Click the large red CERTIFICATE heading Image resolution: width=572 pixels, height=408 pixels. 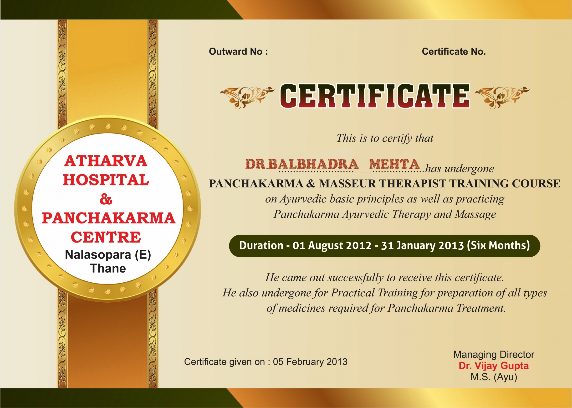[x=375, y=96]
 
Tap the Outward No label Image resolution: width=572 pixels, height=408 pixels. [x=238, y=52]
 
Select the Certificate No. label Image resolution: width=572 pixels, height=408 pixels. [x=454, y=52]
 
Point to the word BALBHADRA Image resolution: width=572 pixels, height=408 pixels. [x=313, y=164]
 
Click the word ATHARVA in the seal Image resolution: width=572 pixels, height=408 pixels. [x=106, y=161]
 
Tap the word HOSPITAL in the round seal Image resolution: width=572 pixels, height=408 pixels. [x=106, y=180]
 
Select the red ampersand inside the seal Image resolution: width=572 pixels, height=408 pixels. [x=106, y=200]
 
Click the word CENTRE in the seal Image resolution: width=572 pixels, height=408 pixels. [x=106, y=237]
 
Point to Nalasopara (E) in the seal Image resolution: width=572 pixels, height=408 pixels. [x=108, y=255]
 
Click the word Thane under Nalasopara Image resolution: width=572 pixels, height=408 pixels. [x=108, y=268]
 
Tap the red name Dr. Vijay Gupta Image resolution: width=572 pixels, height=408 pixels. [x=494, y=366]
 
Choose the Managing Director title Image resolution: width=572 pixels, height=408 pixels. [x=494, y=355]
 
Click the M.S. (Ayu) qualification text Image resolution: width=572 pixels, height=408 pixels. [x=494, y=377]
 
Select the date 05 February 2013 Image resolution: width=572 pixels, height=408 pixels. [x=310, y=362]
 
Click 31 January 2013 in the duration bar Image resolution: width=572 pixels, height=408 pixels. [x=422, y=245]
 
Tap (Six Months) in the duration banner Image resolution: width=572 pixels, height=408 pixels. [x=498, y=245]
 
